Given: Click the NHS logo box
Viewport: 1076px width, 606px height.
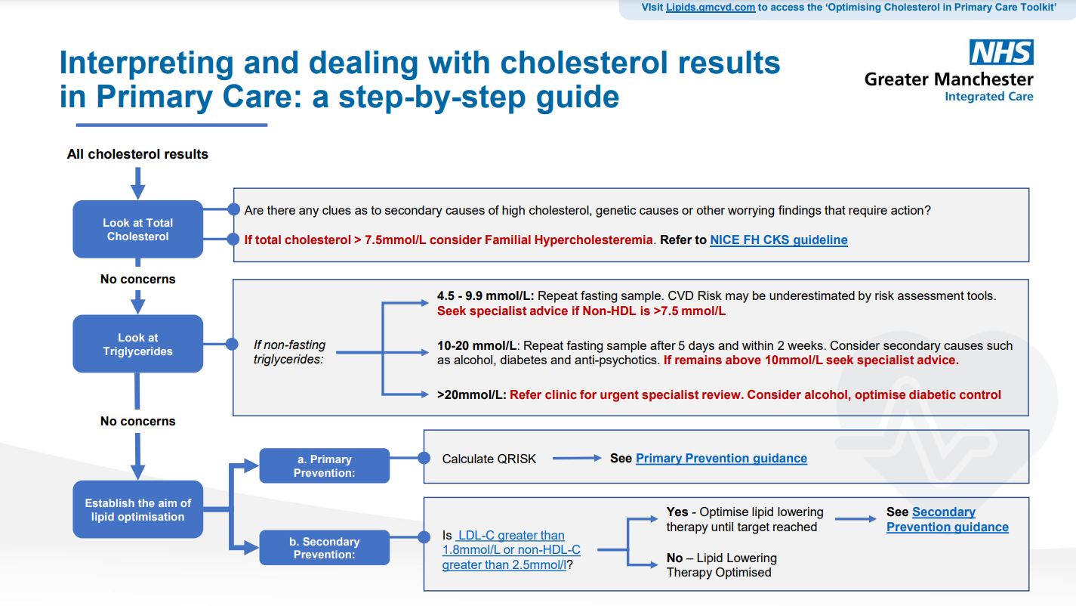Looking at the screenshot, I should coord(1001,52).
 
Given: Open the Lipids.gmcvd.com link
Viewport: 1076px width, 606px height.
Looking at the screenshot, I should coord(710,8).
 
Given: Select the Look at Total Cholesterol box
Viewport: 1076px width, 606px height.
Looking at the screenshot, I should coord(138,229).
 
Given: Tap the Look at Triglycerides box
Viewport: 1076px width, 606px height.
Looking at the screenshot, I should coord(138,344).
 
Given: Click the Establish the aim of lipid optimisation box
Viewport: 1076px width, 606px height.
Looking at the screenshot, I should coord(138,509).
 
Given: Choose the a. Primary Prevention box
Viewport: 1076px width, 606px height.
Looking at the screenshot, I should coord(325,465).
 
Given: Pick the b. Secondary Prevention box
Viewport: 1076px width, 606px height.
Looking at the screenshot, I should coord(325,548).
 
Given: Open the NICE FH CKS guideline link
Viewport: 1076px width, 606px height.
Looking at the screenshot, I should coord(778,240).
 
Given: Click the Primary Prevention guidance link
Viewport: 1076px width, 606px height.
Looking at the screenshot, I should coord(721,458).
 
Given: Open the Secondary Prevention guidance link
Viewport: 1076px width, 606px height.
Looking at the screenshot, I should coord(947,520).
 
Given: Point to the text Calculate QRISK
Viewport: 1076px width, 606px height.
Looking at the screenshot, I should coord(489,459).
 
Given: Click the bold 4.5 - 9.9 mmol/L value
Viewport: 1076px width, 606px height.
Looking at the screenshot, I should coord(485,296).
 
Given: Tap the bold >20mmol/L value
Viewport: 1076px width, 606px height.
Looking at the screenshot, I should coord(471,394).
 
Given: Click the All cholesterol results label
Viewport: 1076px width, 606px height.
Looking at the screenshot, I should coord(137,154).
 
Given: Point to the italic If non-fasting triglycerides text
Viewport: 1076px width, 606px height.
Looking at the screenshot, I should coord(289,352).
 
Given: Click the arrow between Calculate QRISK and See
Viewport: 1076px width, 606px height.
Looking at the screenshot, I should coord(576,458).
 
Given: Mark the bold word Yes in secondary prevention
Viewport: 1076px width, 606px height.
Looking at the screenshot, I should coord(677,512).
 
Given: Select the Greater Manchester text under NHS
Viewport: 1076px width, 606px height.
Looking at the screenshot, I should coord(948,79).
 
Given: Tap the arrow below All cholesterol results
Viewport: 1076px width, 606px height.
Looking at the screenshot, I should coord(137,182).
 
